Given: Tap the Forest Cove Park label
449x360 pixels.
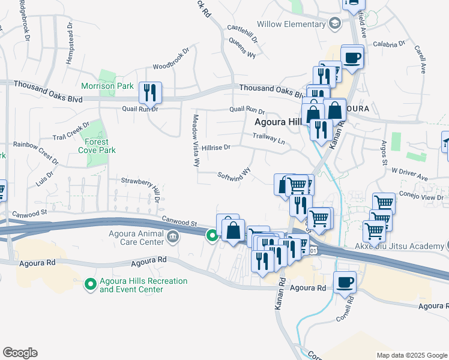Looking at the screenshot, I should click(x=97, y=146).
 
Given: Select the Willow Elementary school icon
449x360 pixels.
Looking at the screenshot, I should click(x=335, y=24).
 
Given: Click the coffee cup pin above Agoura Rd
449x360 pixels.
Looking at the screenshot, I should click(x=345, y=282).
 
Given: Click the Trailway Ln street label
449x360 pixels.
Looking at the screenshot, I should click(x=268, y=138).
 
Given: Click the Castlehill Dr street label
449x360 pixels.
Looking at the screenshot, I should click(x=242, y=34).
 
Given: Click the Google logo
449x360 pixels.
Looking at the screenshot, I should click(x=20, y=353).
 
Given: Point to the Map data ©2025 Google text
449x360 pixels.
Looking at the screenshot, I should click(x=411, y=355).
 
